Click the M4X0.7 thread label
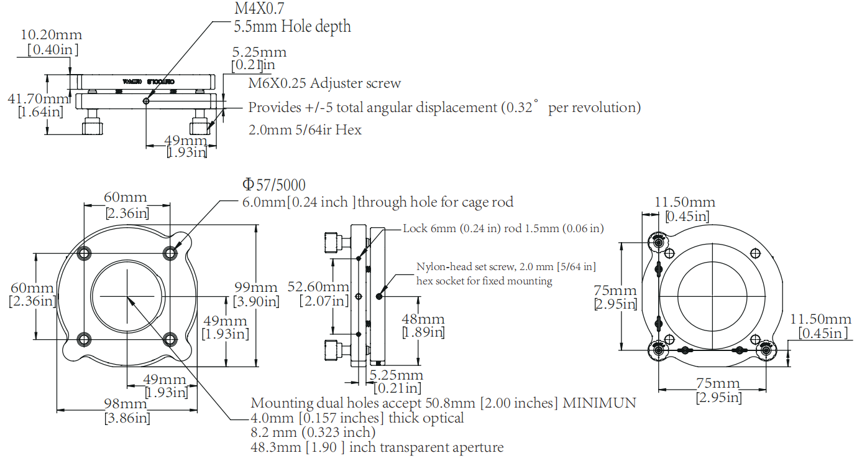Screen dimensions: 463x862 point(255,9)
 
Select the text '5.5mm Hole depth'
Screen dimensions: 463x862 point(292,27)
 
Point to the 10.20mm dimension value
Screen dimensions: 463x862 point(51,35)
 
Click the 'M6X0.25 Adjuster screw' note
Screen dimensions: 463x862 point(324,83)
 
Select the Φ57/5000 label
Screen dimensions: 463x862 point(274,185)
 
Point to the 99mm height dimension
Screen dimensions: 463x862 point(255,288)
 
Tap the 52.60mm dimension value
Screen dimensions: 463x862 point(318,287)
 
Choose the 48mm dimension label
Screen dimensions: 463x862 point(423,319)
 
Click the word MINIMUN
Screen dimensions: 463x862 point(600,403)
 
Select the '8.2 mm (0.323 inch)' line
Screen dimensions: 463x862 point(313,433)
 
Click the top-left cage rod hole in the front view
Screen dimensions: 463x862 point(85,253)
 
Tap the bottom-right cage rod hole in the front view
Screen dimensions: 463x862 point(170,339)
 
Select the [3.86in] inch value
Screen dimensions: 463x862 point(127,418)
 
